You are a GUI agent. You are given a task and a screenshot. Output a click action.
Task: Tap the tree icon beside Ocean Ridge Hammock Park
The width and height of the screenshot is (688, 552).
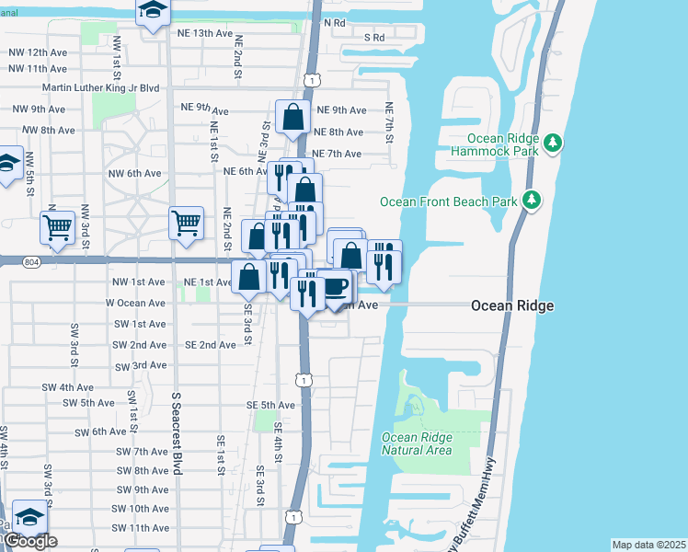coord(553,143)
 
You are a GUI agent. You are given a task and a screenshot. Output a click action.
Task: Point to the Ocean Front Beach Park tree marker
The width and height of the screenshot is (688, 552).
coord(531,200)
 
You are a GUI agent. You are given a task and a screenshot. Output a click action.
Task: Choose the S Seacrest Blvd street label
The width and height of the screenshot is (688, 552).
coord(176,433)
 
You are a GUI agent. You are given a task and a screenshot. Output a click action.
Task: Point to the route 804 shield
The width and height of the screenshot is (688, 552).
coord(32,262)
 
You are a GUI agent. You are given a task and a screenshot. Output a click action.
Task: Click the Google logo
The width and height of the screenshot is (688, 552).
coord(29,541)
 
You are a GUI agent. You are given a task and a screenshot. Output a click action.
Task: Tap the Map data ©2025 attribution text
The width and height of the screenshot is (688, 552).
coord(648,545)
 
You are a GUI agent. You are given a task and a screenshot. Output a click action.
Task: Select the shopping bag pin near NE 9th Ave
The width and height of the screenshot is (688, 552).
coord(293,118)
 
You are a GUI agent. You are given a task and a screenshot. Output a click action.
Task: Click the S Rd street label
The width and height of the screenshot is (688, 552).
coord(373,38)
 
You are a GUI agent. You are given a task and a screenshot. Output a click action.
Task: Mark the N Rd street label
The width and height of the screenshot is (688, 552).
coord(334,22)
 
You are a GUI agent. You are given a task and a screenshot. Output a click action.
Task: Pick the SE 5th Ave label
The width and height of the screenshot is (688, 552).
coord(270,405)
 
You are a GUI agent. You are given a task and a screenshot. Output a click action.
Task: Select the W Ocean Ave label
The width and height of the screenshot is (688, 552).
coord(135,303)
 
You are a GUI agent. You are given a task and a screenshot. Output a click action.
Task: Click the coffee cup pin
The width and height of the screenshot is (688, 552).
coord(336,286)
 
